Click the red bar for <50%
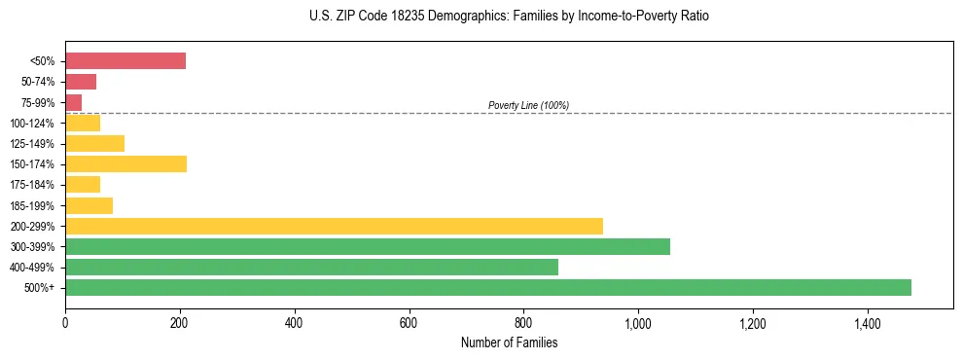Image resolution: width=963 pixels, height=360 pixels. (125, 61)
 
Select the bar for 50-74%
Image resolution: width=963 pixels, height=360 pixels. (81, 82)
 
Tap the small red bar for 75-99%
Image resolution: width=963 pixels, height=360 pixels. (74, 102)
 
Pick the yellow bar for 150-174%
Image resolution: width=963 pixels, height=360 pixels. (125, 163)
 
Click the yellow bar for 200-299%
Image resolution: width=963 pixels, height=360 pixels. (334, 226)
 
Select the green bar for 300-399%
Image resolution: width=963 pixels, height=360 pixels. (368, 246)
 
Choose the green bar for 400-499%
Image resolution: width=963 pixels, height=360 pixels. (311, 267)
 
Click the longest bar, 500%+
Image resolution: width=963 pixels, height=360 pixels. (488, 287)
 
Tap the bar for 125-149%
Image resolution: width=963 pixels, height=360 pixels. (94, 143)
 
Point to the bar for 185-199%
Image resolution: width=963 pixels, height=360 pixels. (89, 205)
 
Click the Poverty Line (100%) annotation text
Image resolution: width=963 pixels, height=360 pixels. (528, 105)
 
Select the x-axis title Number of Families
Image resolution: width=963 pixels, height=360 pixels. (509, 342)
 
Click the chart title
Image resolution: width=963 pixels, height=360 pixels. (510, 17)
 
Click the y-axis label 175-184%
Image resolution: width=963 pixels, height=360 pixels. (33, 185)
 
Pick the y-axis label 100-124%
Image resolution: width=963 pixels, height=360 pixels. (33, 123)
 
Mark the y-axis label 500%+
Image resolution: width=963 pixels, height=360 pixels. (41, 288)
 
